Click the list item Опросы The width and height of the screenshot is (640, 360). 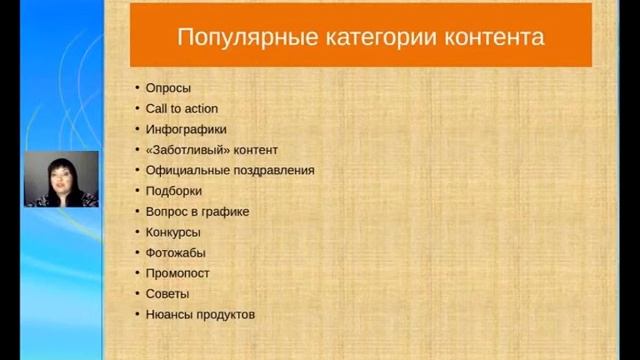pos(167,88)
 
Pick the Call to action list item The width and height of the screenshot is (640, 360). pos(181,108)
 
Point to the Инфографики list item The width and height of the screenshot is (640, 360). pos(185,129)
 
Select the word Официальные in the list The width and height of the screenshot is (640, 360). pos(186,170)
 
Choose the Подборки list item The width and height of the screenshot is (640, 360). pos(173,191)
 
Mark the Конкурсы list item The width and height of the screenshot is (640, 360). pos(173,232)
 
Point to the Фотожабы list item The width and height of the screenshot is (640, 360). pos(175,253)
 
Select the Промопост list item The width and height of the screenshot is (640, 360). pos(177,273)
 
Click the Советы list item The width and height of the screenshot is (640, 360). pos(167,294)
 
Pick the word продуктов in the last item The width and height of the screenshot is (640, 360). pos(225,315)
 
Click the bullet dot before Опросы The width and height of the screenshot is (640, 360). pos(136,88)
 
